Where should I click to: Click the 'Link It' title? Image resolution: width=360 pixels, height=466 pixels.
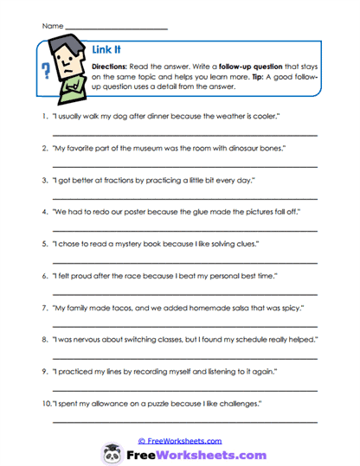(106, 50)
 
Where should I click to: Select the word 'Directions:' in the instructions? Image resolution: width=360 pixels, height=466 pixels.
(111, 66)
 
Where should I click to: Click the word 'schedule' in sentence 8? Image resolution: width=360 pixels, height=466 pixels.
(267, 340)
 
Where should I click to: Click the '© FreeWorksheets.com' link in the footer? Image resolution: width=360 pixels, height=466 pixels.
(180, 440)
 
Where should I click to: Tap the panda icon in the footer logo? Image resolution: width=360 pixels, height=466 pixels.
(114, 452)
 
